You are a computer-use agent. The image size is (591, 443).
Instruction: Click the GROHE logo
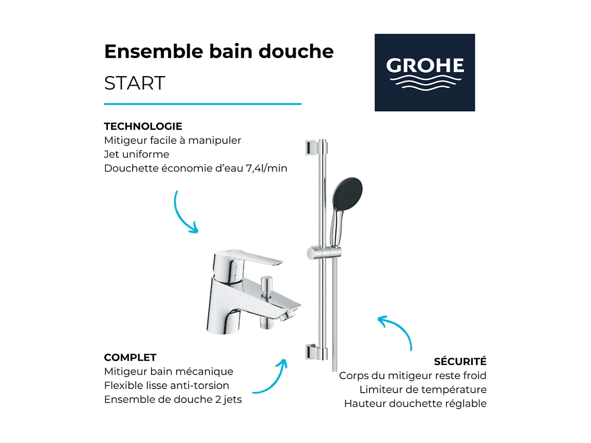[x=424, y=72]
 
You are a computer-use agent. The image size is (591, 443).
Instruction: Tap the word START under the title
[x=135, y=83]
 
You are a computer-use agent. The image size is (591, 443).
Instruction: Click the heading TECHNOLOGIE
[x=143, y=126]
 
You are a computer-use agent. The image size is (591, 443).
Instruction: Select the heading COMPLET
[x=130, y=358]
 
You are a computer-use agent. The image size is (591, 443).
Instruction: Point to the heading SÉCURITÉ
[x=460, y=362]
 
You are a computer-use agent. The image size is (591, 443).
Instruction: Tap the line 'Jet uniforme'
[x=136, y=154]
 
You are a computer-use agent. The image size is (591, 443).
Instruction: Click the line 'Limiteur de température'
[x=422, y=390]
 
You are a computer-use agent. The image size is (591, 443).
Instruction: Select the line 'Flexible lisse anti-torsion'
[x=167, y=385]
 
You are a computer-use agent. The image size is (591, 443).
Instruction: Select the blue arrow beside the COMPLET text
[x=270, y=378]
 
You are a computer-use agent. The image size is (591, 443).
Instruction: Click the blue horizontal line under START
[x=202, y=104]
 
